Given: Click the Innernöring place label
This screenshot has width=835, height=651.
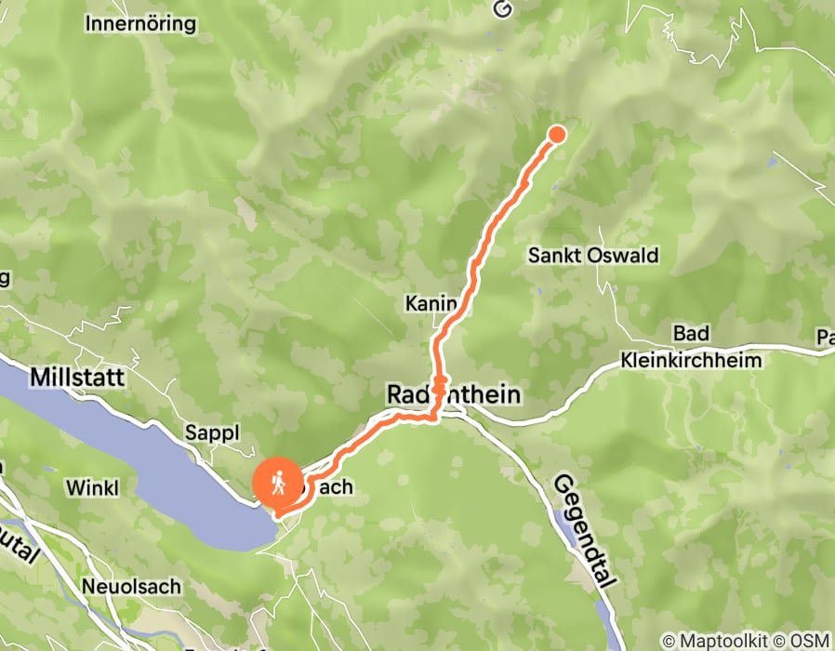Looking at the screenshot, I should pyautogui.click(x=140, y=23).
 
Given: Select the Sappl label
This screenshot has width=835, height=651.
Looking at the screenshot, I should pyautogui.click(x=213, y=432).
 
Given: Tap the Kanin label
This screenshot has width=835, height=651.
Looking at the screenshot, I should pyautogui.click(x=431, y=303).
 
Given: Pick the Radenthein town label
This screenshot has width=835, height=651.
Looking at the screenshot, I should pyautogui.click(x=453, y=395).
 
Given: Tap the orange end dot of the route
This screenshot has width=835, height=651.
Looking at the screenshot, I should pyautogui.click(x=557, y=134).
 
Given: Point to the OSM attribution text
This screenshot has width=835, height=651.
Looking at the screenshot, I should pyautogui.click(x=807, y=641).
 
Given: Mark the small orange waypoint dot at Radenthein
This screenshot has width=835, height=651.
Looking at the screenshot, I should pyautogui.click(x=438, y=381).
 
